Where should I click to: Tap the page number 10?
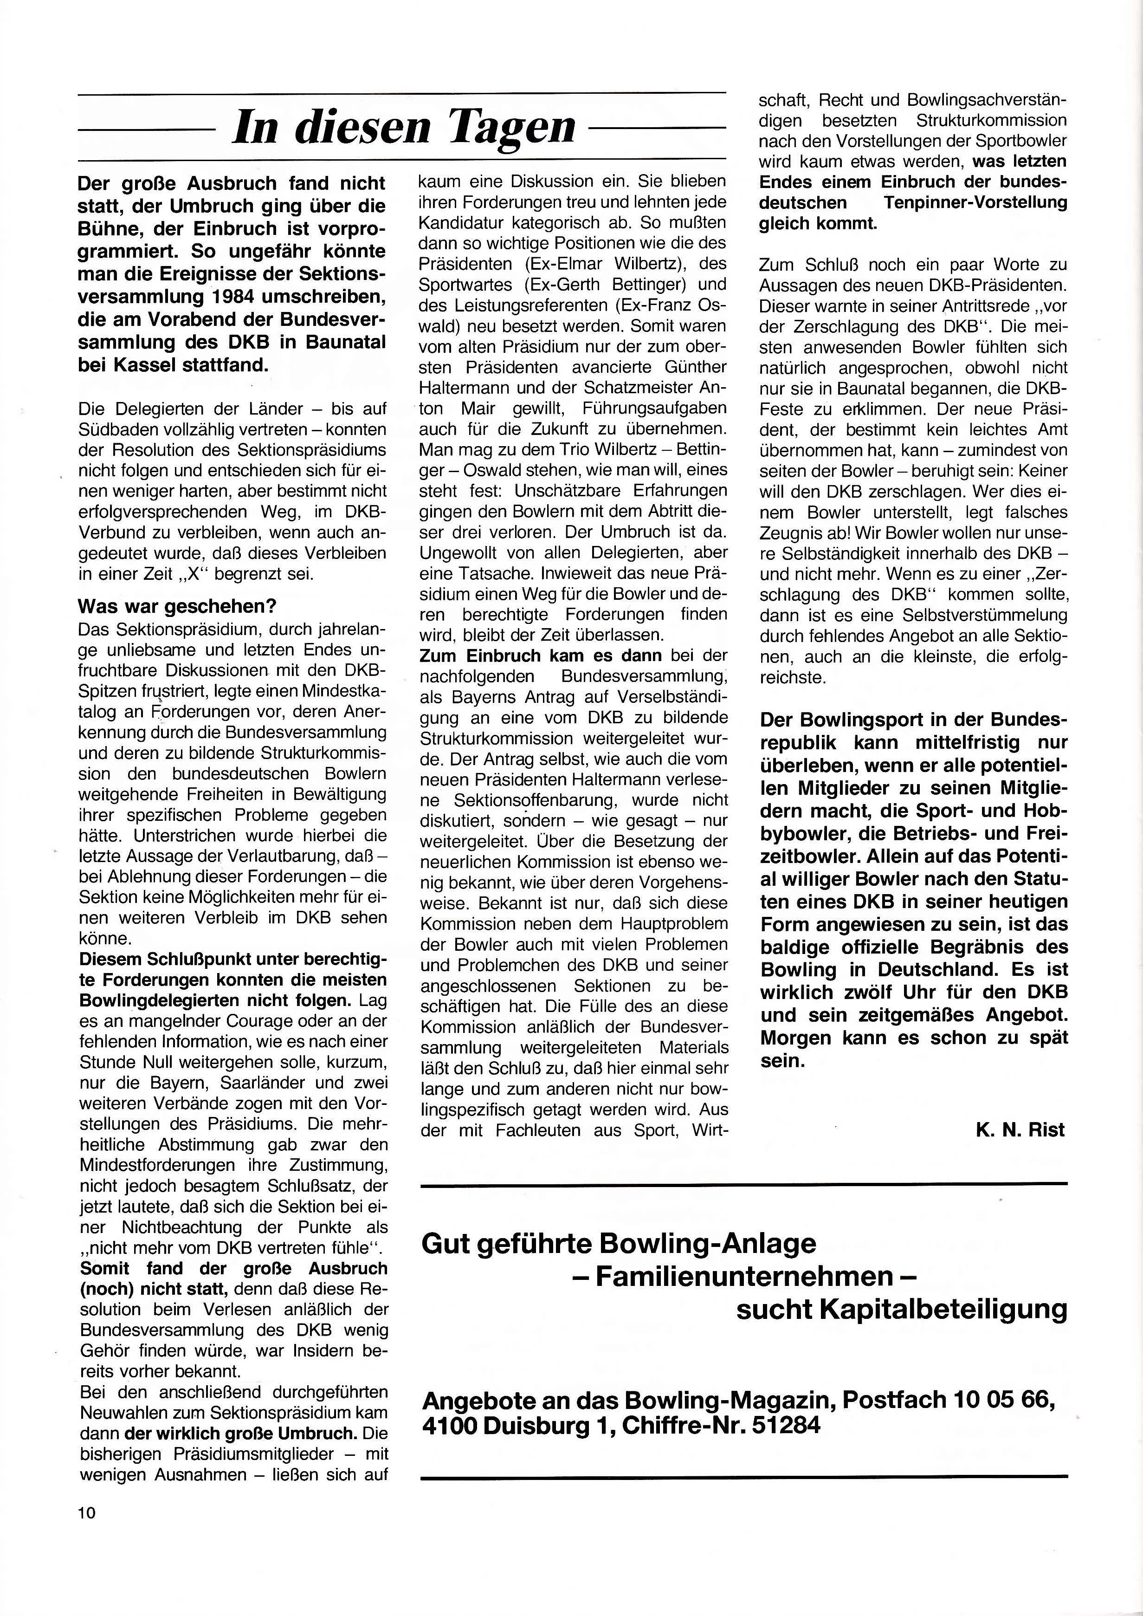tap(87, 1512)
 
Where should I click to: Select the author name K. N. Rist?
tap(1020, 1130)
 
